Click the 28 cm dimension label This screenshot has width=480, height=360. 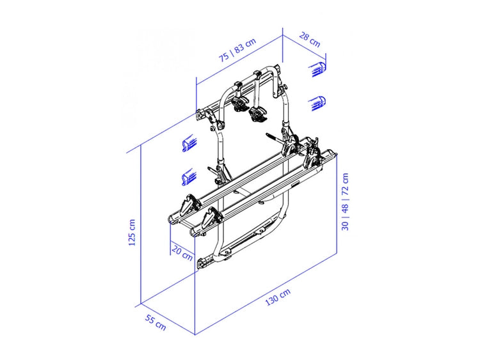click(310, 40)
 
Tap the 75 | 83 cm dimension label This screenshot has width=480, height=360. click(237, 50)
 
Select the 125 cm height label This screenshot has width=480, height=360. click(132, 233)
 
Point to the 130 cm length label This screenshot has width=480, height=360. click(278, 297)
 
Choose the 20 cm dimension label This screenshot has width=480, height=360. click(182, 253)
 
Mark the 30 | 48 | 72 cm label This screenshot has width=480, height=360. click(345, 201)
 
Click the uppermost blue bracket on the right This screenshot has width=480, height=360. click(319, 69)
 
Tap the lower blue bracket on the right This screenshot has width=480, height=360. click(319, 103)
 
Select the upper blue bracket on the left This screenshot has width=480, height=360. click(189, 143)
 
